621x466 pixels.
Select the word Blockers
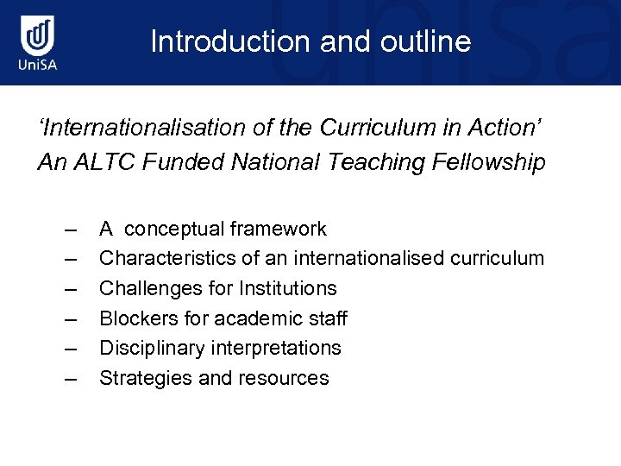(x=136, y=318)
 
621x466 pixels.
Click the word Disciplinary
(x=151, y=348)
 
